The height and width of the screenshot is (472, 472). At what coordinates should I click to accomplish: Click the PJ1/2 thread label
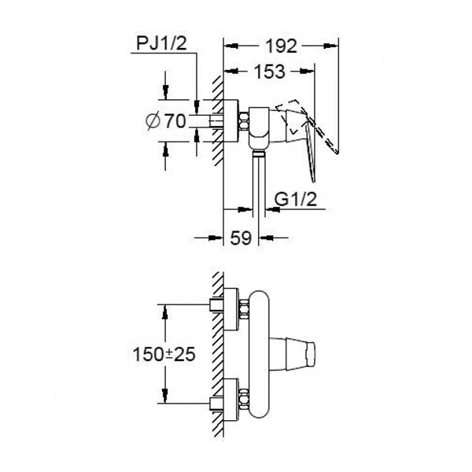[161, 43]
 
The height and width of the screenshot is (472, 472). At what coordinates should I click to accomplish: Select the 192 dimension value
[281, 46]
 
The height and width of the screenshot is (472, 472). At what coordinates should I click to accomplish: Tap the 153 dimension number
[270, 72]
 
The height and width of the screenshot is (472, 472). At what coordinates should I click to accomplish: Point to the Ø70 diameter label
[165, 121]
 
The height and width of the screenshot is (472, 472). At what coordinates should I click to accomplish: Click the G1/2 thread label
[296, 199]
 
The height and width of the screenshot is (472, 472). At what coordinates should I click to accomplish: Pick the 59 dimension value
[241, 238]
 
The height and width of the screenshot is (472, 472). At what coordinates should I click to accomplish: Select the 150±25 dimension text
[164, 354]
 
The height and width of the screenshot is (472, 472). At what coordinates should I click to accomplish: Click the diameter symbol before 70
[153, 121]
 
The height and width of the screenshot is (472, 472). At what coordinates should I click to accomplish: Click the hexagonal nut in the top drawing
[243, 121]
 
